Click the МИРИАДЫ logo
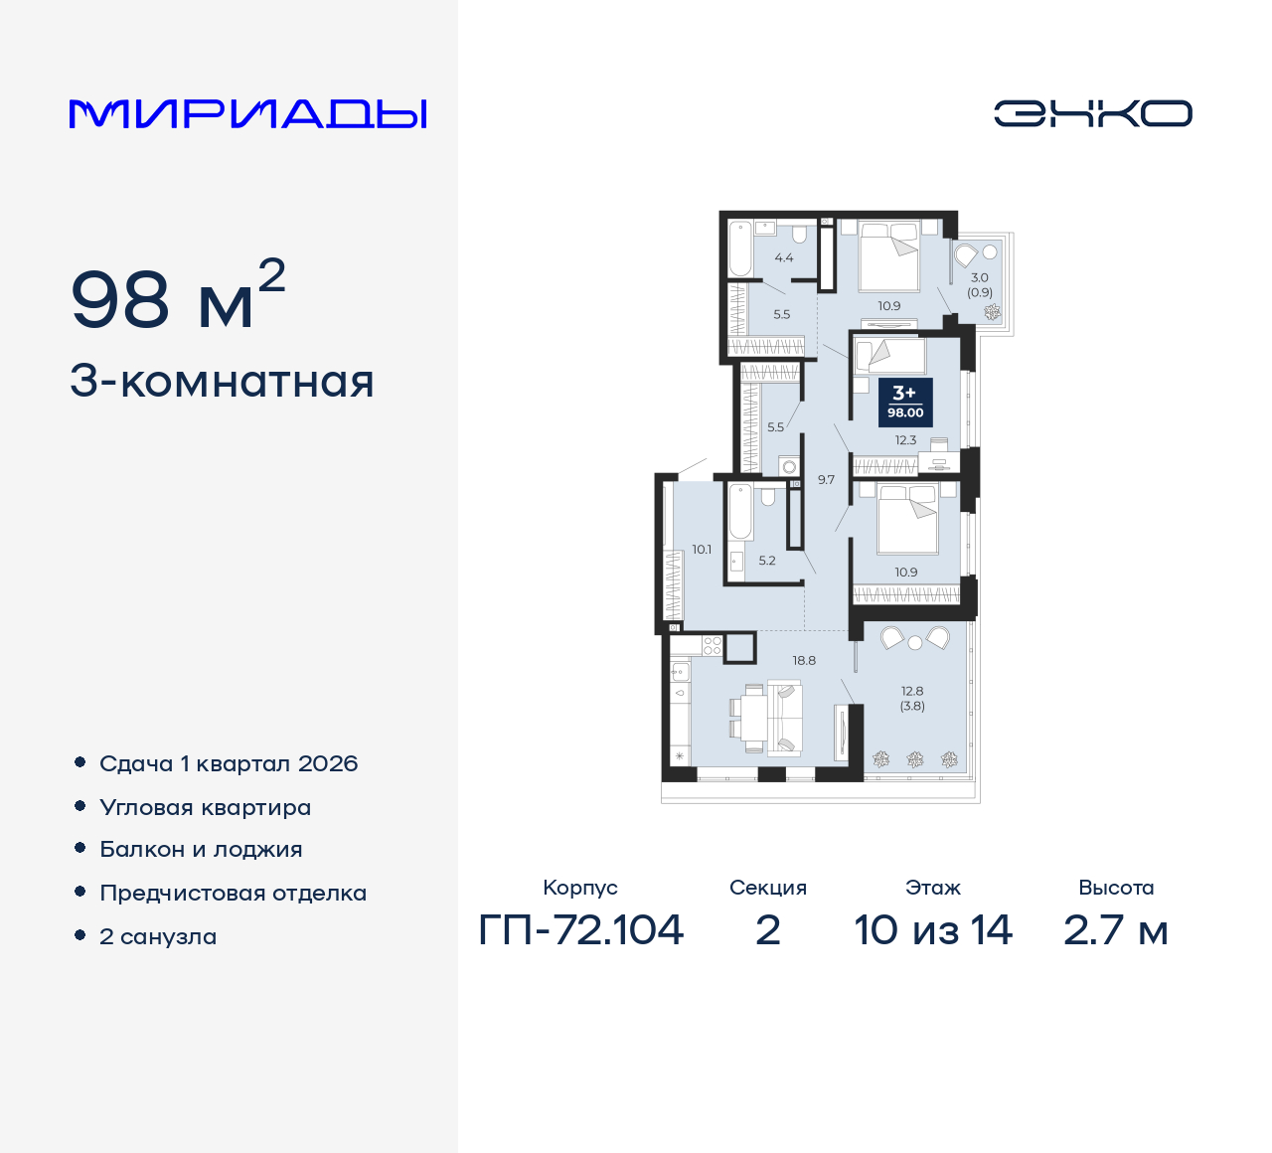[247, 114]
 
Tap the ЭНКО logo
[1092, 113]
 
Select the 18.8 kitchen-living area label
[804, 660]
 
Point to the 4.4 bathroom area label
[784, 257]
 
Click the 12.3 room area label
[905, 439]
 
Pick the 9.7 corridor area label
[826, 479]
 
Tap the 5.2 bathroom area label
[767, 560]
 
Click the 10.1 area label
[702, 550]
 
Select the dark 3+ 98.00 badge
[905, 402]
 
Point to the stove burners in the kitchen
[713, 646]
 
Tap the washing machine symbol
[789, 467]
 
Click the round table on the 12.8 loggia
[915, 642]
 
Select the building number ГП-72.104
[580, 930]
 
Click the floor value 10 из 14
[933, 930]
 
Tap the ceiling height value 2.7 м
[1115, 930]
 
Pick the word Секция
[768, 888]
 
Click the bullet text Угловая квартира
[206, 807]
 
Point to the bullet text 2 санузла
[158, 936]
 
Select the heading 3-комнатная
[222, 381]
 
